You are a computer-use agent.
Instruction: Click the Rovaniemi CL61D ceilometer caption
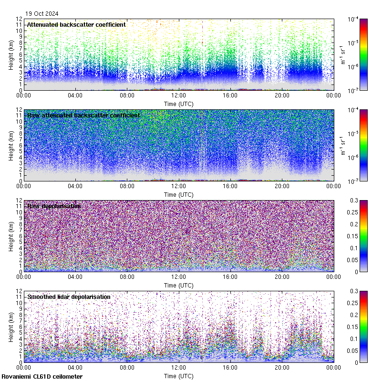[x=41, y=377]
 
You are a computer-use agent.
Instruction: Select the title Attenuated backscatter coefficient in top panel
[x=76, y=24]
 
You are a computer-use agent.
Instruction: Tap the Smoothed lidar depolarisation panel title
[x=69, y=297]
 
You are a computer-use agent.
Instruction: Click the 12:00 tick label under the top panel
[x=179, y=95]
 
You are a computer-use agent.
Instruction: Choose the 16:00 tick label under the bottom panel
[x=230, y=368]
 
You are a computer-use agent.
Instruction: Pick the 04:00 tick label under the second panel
[x=75, y=186]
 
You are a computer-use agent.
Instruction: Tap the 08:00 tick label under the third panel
[x=127, y=277]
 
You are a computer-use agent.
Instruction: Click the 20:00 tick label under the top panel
[x=282, y=95]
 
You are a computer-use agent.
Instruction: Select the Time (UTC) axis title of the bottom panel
[x=179, y=376]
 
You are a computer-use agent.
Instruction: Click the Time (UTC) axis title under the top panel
[x=179, y=104]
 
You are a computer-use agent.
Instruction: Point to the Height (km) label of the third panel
[x=11, y=236]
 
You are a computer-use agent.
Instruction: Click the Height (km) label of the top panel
[x=11, y=54]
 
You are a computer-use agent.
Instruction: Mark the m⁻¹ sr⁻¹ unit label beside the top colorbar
[x=342, y=54]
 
